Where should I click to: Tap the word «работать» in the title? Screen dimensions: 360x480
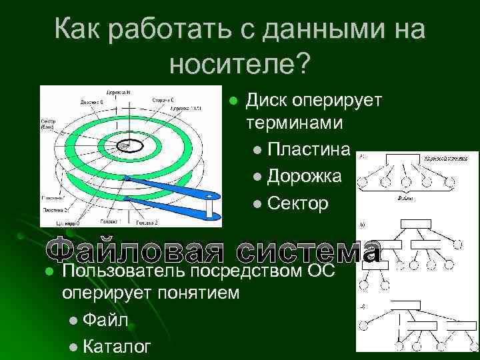(x=170, y=30)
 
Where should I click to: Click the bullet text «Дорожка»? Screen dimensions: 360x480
(x=305, y=176)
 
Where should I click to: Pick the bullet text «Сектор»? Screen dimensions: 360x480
(x=297, y=204)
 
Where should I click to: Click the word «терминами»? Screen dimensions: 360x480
(x=295, y=123)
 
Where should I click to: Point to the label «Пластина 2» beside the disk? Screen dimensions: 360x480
(x=55, y=209)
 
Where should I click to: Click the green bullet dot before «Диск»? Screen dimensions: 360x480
(x=233, y=101)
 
